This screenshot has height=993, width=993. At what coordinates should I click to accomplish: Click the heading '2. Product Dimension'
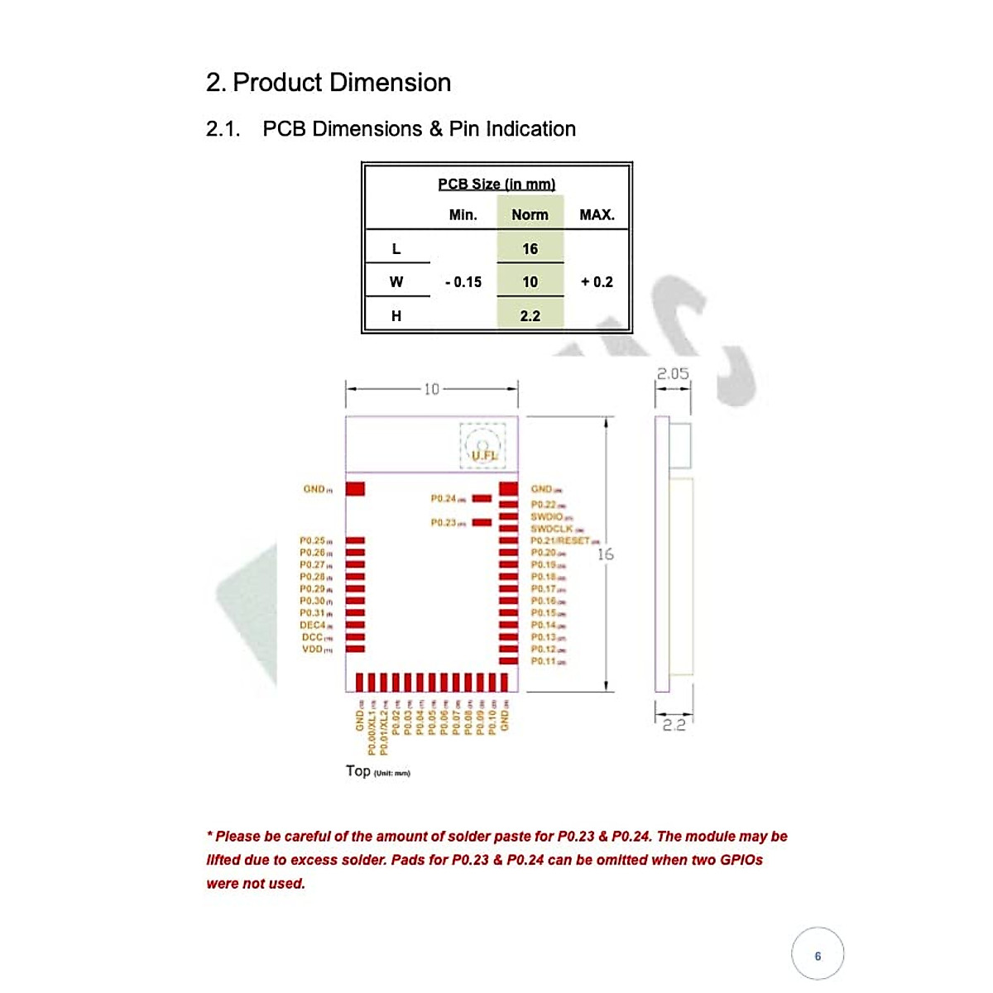pos(328,83)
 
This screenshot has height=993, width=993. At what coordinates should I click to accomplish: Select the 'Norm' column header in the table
pos(530,215)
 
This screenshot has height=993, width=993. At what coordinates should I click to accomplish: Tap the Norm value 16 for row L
pos(530,249)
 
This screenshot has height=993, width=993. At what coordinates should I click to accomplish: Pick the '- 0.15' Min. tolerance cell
pos(463,282)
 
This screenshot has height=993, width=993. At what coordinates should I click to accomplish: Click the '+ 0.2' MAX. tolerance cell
pos(597,282)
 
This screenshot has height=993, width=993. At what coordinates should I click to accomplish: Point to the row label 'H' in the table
pos(396,316)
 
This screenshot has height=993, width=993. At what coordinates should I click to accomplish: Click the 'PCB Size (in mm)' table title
pos(496,184)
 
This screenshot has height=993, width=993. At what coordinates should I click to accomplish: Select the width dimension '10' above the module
pos(431,389)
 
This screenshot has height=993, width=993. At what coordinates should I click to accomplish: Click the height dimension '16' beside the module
pos(606,554)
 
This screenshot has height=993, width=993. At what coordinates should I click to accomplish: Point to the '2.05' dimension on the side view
pos(673,374)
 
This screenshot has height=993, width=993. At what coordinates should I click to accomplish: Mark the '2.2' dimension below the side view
pos(674,725)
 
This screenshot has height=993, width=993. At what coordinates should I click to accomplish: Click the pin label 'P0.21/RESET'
pos(561,540)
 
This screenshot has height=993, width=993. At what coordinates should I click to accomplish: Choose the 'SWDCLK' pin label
pos(552,529)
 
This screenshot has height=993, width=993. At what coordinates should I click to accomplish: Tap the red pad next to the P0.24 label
pos(482,499)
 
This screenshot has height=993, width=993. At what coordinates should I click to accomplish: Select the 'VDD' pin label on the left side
pos(313,650)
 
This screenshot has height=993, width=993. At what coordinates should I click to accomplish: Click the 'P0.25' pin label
pos(312,540)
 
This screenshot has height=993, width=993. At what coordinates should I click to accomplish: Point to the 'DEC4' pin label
pos(313,626)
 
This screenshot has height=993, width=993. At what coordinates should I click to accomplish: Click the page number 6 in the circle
pos(818,956)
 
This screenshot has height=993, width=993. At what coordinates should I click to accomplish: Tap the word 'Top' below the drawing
pos(358,771)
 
